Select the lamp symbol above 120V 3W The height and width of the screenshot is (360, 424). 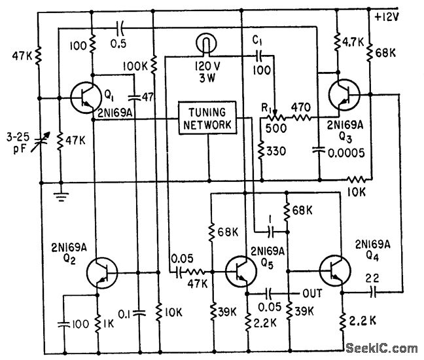click(x=205, y=45)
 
